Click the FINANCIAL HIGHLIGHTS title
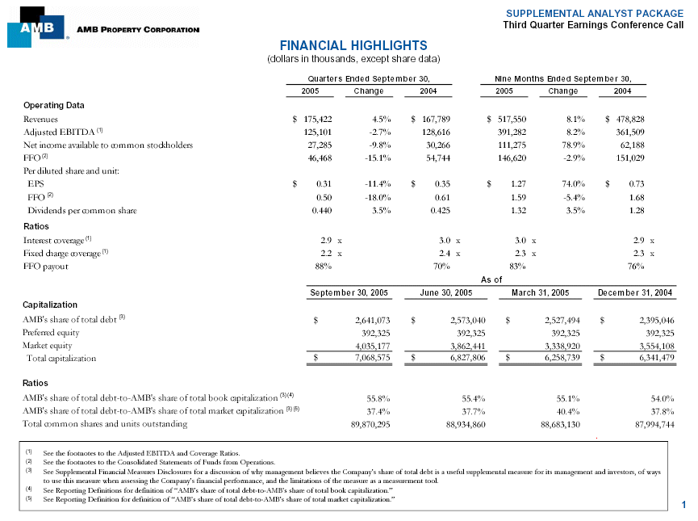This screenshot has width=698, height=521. pyautogui.click(x=353, y=46)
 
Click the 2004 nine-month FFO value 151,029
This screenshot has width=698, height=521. pyautogui.click(x=627, y=158)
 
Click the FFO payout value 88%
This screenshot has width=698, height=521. pyautogui.click(x=323, y=266)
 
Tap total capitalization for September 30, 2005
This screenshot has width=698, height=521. pyautogui.click(x=372, y=358)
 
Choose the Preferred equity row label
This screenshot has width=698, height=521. pyautogui.click(x=51, y=332)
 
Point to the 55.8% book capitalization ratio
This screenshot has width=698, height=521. pyautogui.click(x=379, y=398)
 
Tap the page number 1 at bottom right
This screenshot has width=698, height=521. pyautogui.click(x=683, y=506)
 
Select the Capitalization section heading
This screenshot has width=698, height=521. pyautogui.click(x=50, y=305)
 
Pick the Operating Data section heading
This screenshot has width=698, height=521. pyautogui.click(x=54, y=106)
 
